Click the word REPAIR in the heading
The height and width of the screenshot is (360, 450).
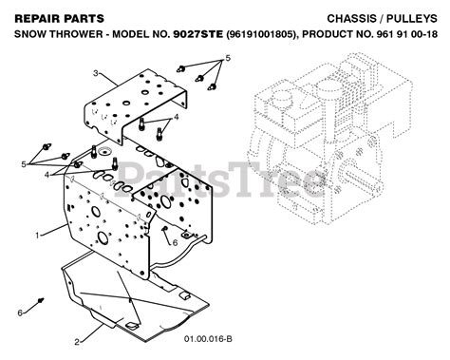pos(34,19)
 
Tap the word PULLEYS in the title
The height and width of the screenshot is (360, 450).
pos(413,19)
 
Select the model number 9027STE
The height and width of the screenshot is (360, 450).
pos(198,34)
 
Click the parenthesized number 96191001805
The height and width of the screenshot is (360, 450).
pos(262,34)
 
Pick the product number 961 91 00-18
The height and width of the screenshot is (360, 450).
pos(407,34)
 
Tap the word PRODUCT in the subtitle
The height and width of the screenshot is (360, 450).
pos(326,34)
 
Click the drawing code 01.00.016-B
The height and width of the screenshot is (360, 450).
pos(208,339)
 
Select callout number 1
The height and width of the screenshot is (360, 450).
pos(37,236)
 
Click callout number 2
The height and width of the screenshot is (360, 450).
pos(77,342)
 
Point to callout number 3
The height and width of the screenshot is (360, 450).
pos(96,73)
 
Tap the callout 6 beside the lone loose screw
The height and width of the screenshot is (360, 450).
pos(20,313)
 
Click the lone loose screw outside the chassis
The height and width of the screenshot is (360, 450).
pos(41,299)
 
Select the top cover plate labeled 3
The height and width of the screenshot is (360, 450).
pos(136,105)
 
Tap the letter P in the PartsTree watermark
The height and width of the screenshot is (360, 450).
pos(131,179)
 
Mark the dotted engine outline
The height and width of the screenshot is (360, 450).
pos(330,140)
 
